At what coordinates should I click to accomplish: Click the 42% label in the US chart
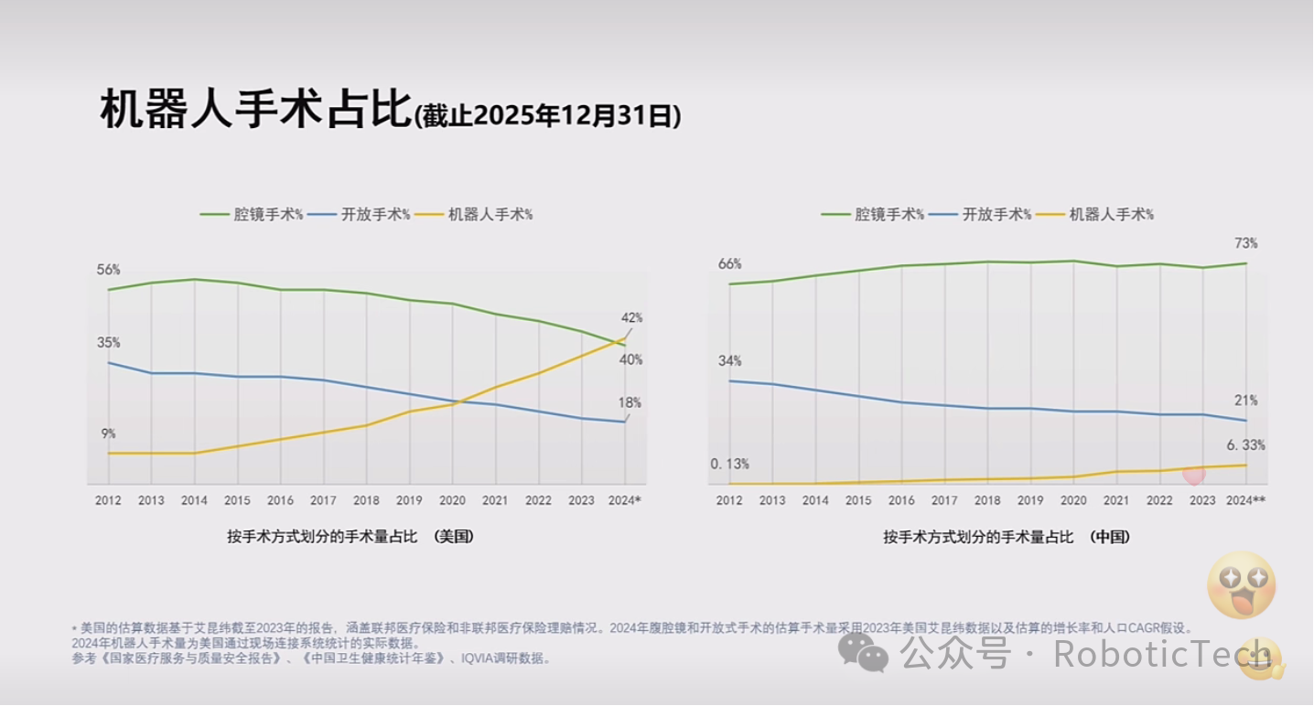(631, 317)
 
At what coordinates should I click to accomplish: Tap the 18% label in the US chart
(630, 402)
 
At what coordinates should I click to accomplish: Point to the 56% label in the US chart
(108, 270)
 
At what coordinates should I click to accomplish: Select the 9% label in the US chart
(108, 433)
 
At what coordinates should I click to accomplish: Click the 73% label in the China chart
(1246, 243)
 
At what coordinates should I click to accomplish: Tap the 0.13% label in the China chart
(729, 464)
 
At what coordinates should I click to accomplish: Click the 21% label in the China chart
(1246, 401)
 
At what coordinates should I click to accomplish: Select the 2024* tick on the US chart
(624, 500)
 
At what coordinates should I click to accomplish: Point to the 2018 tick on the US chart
(366, 500)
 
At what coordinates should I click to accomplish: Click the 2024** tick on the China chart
(1245, 500)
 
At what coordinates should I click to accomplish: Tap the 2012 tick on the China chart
(729, 500)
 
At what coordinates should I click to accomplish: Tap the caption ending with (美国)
(350, 537)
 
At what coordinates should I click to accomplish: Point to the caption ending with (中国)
(1006, 537)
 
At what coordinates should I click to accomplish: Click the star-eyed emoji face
(1241, 584)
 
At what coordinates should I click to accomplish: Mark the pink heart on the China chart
(1193, 474)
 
